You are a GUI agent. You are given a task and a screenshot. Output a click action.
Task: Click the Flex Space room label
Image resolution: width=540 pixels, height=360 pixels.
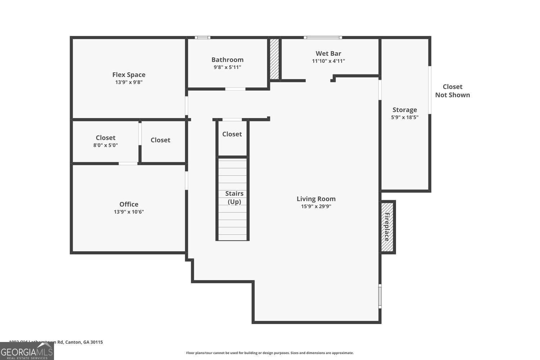pos(129,75)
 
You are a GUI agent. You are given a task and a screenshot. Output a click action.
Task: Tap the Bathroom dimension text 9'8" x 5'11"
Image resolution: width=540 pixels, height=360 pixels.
pos(227,67)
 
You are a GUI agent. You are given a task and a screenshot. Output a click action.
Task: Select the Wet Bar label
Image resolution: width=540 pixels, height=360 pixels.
pos(328,54)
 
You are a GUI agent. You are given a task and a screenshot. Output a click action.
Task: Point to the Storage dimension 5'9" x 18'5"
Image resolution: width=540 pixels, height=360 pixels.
pos(405,117)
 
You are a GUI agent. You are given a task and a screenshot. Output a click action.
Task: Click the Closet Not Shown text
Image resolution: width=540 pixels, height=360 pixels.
pos(453,91)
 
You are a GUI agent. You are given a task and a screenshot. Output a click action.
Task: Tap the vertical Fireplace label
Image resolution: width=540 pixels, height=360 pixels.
pos(387,227)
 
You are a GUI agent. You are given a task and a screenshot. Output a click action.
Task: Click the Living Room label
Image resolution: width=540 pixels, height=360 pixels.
pos(316,199)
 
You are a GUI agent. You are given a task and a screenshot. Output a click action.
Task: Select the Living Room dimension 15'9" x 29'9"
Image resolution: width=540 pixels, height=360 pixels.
pos(316,207)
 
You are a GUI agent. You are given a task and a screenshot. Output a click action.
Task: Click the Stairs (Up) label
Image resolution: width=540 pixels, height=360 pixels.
pos(234,198)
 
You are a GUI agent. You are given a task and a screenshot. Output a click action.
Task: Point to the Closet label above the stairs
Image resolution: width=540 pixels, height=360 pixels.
pos(232,134)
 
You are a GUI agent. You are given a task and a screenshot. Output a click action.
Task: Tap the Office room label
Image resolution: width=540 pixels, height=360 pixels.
pos(129,204)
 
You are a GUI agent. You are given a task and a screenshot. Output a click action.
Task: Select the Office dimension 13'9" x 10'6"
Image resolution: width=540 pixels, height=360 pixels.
pos(129,212)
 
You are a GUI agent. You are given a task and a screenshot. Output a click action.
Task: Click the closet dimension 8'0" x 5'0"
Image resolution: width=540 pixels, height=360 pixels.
pos(105,145)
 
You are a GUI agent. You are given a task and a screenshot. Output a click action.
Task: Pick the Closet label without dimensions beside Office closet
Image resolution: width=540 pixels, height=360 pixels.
pos(160,140)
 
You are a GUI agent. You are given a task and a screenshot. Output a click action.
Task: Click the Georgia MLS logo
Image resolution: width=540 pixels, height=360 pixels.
pos(27,351)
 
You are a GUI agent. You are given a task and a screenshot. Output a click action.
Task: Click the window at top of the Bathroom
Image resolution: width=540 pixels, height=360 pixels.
pos(202,37)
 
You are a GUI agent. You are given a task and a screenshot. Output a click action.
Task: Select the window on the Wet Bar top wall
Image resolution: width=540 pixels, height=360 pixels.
pos(323,37)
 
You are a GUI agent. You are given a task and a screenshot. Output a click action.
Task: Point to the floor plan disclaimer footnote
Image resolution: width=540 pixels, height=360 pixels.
pos(270,353)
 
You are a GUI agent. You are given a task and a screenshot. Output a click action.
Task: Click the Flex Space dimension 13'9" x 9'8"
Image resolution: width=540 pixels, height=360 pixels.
pos(129,82)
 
